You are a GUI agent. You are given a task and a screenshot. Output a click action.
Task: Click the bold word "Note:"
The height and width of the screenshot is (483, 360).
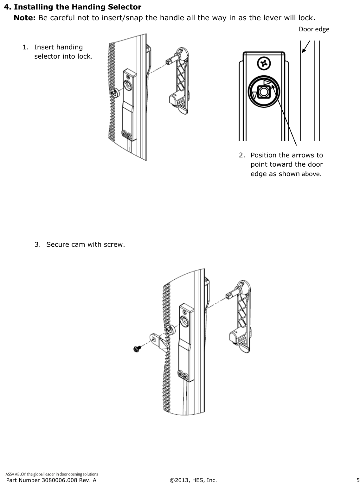coord(25,17)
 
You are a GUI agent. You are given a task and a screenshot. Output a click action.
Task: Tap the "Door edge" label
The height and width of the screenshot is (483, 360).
coord(314,29)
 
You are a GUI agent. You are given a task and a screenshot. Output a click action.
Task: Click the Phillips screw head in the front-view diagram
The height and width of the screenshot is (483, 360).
coord(264,64)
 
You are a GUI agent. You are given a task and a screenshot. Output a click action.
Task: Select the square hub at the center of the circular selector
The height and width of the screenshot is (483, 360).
coord(263,92)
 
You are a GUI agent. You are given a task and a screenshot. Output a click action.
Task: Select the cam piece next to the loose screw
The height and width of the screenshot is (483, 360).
coord(158,341)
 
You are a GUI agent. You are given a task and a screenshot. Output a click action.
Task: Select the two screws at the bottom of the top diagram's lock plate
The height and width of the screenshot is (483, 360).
coord(126,135)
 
